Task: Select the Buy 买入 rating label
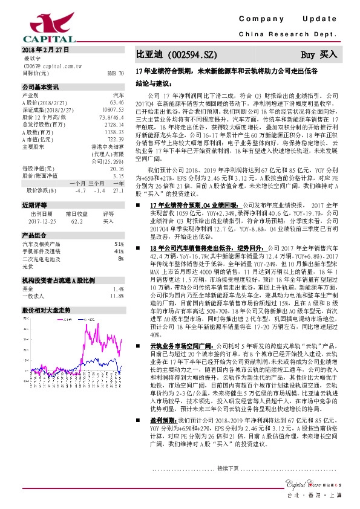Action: coord(319,54)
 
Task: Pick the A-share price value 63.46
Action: coord(117,102)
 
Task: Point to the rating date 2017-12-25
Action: coord(41,221)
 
